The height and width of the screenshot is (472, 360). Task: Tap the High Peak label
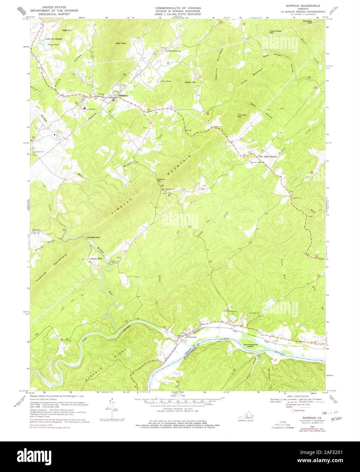[120, 43]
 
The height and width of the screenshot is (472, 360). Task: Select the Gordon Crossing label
[173, 51]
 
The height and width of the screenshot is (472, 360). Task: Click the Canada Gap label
[93, 237]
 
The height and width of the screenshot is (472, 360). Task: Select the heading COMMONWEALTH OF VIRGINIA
[178, 7]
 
